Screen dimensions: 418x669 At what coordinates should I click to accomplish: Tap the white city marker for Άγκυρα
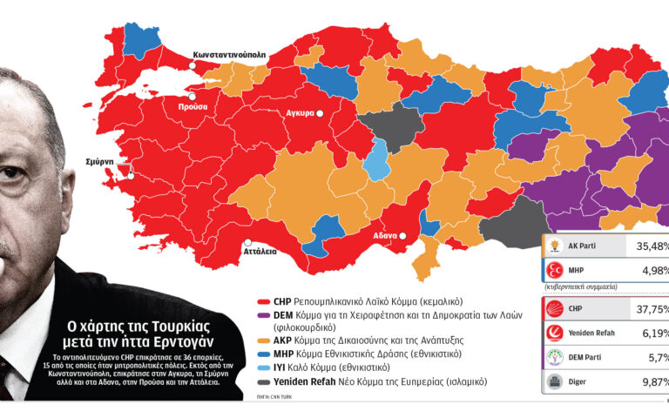click(320, 113)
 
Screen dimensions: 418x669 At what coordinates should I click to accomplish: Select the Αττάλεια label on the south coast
click(259, 252)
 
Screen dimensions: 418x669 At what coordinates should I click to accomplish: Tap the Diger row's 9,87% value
click(650, 381)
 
